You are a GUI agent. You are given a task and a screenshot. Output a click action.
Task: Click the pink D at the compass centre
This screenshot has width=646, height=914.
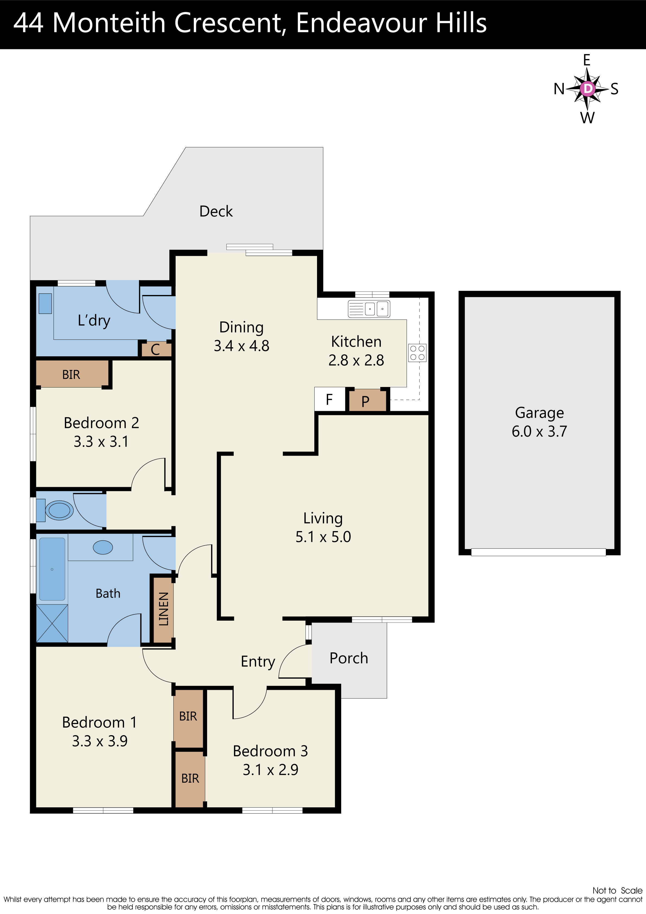pyautogui.click(x=587, y=88)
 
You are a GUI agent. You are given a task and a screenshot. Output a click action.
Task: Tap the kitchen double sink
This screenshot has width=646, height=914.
pyautogui.click(x=369, y=309)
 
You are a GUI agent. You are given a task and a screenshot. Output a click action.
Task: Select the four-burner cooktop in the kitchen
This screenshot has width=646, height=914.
pyautogui.click(x=417, y=353)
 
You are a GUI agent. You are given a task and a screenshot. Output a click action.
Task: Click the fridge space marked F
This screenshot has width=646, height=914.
pyautogui.click(x=329, y=399)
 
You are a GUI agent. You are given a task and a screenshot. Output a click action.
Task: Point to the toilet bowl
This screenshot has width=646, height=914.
pyautogui.click(x=59, y=510)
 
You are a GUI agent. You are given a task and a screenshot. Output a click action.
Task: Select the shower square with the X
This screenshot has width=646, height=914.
pyautogui.click(x=52, y=623)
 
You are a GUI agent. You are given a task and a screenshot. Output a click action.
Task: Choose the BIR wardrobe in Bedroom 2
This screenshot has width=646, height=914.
pyautogui.click(x=72, y=374)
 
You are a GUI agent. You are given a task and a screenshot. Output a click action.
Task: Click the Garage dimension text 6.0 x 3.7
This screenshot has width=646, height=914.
pyautogui.click(x=539, y=431)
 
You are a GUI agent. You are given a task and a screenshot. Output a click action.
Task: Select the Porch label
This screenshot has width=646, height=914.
pyautogui.click(x=349, y=658)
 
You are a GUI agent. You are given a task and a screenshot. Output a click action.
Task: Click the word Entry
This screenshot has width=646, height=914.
pyautogui.click(x=258, y=661)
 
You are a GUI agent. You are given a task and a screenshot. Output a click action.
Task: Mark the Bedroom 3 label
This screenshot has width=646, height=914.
pyautogui.click(x=270, y=751)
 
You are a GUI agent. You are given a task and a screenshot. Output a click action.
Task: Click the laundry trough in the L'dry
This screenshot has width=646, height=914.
pyautogui.click(x=45, y=303)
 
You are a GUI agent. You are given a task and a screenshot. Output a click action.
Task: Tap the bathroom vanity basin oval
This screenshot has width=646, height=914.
pyautogui.click(x=103, y=547)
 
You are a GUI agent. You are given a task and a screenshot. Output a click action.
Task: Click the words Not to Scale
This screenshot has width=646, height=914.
pyautogui.click(x=617, y=890)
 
